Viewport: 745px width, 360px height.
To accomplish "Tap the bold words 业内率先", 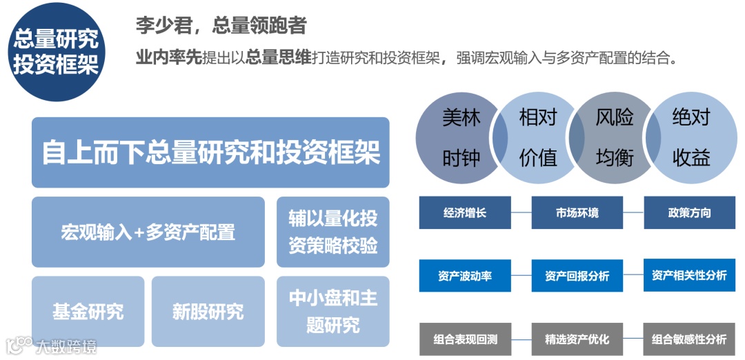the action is click(x=169, y=58).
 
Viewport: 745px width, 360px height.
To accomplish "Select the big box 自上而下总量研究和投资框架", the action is click(x=210, y=152).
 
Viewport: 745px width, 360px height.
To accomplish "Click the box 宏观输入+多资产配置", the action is click(x=148, y=232).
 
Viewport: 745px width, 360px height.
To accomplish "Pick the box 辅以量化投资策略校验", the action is click(x=333, y=232).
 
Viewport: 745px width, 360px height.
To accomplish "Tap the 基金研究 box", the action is click(x=88, y=311).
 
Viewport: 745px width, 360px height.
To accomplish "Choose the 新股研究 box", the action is click(x=208, y=311).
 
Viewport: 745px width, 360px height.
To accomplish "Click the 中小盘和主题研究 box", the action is click(x=333, y=311).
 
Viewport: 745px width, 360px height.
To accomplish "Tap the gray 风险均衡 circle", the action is click(x=614, y=138).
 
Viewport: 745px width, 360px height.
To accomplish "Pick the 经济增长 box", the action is click(x=465, y=212).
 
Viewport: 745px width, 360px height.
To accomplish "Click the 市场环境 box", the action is click(x=577, y=212).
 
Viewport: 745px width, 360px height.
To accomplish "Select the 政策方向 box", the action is click(x=689, y=212).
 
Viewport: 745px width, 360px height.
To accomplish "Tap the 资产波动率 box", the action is click(x=465, y=276).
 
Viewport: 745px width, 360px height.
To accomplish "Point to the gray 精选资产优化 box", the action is click(x=577, y=339).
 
